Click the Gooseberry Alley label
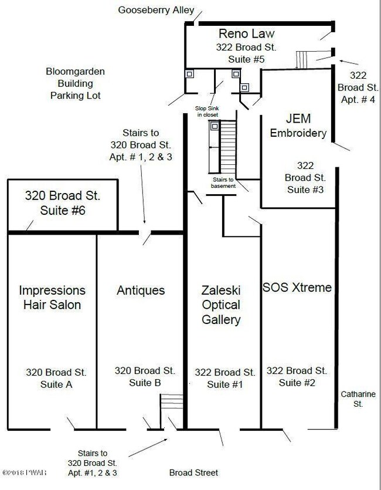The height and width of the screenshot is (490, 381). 156,10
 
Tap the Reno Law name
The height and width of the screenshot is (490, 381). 247,33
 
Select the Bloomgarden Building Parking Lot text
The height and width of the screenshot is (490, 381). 75,83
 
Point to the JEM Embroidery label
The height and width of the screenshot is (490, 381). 298,126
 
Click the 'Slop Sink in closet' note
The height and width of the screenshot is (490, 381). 207,111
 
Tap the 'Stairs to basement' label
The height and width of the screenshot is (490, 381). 223,183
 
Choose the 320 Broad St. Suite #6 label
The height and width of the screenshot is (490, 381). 63,203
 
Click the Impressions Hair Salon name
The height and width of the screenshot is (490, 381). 52,298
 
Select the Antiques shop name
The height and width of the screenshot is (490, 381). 141,290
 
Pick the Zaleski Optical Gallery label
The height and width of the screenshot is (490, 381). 221,305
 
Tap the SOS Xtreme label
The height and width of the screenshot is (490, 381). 297,287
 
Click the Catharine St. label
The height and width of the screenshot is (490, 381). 358,399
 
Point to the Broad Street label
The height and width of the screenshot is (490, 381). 193,472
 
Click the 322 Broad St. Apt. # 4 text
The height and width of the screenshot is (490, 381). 358,87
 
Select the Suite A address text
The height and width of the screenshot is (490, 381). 56,378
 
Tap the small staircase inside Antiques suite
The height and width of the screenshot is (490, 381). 172,401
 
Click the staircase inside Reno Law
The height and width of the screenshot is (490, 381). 301,60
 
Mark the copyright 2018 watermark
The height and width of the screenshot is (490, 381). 25,472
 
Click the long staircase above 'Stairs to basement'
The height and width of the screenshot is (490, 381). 228,147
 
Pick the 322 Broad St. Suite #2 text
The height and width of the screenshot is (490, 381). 297,377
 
